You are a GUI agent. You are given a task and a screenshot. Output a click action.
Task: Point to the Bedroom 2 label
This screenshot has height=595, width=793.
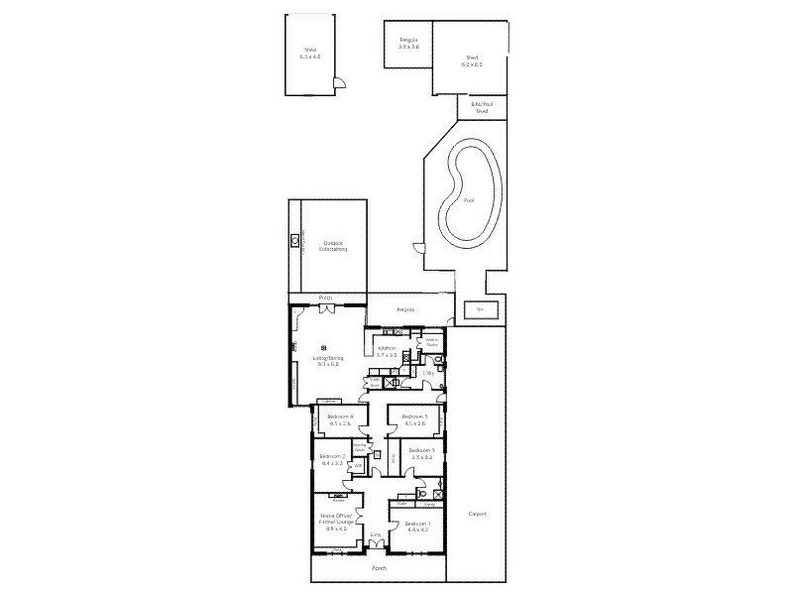tap(332, 459)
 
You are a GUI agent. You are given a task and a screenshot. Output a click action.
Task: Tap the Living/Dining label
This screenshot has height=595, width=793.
tap(327, 361)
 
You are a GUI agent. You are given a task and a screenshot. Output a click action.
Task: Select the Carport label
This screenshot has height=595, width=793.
tap(477, 514)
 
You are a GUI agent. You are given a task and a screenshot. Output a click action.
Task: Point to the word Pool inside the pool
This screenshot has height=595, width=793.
tap(468, 200)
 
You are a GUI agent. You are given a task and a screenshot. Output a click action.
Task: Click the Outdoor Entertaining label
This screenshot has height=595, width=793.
tap(332, 246)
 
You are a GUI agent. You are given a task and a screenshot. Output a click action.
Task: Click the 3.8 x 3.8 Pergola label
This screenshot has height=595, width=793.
tap(408, 44)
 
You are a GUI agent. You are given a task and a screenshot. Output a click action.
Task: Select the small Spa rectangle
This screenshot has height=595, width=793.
tap(481, 310)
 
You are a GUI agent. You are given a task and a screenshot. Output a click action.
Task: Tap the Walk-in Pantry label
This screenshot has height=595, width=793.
tap(432, 342)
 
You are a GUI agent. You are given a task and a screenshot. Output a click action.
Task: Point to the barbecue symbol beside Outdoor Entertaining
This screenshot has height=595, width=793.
tap(295, 239)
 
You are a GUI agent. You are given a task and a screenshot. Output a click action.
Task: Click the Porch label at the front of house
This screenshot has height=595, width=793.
tap(378, 568)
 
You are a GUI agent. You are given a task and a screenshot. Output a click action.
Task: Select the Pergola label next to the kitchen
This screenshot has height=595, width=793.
tap(405, 310)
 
